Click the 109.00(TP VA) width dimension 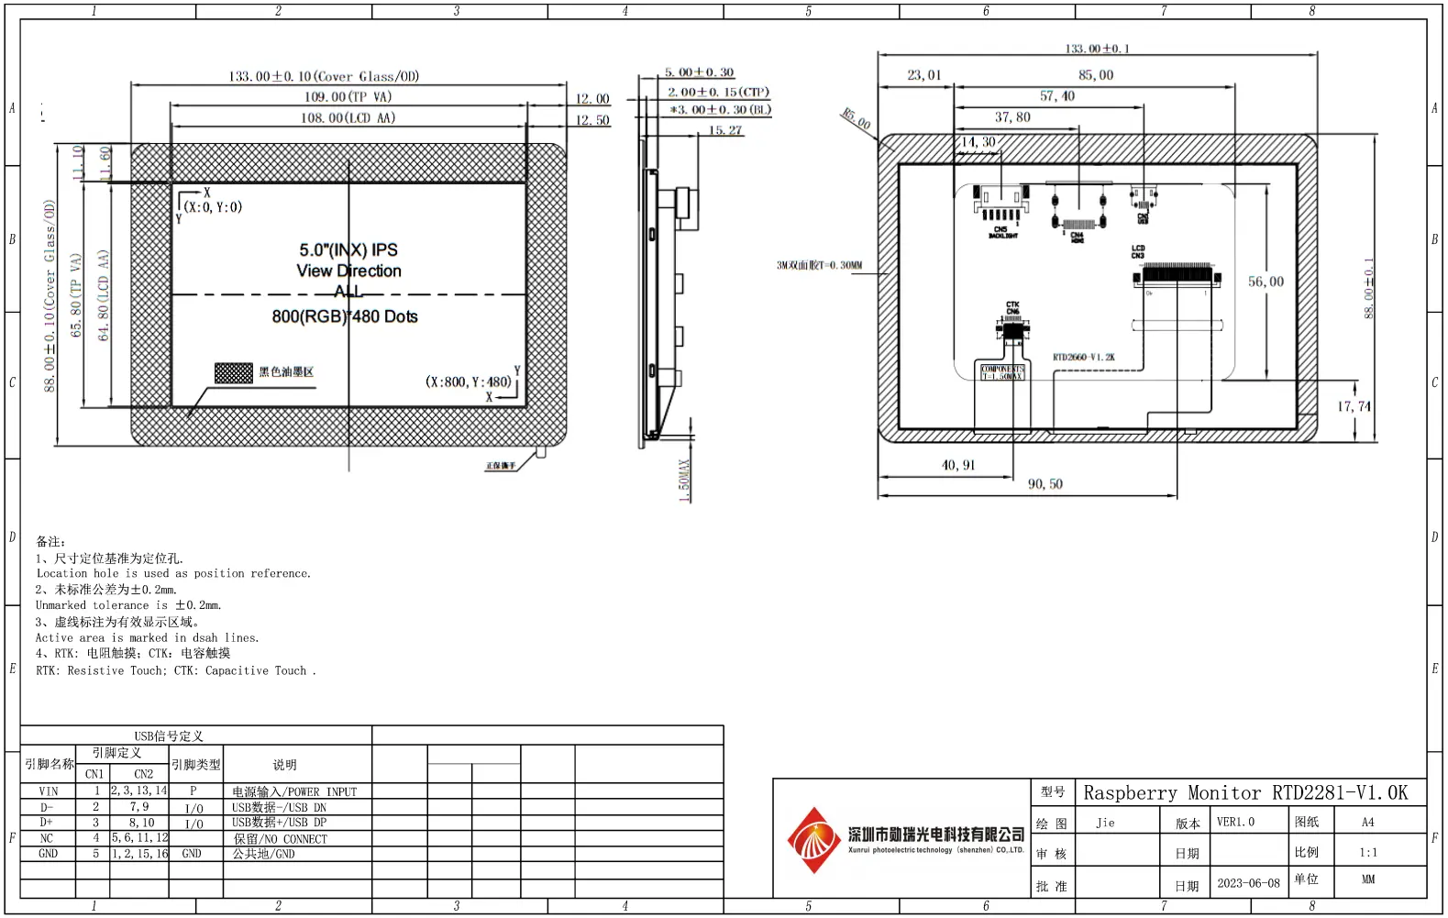tap(348, 97)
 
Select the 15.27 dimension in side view tap(724, 130)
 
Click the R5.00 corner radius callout tap(857, 118)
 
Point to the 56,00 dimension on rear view tap(1266, 282)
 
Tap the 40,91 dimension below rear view tap(958, 465)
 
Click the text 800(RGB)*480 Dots tap(345, 316)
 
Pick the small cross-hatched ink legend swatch tap(233, 372)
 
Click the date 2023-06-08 tap(1248, 883)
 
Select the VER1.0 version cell tap(1235, 822)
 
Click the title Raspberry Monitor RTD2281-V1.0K tap(1244, 792)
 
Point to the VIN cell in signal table tap(49, 791)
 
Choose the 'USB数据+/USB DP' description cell tap(279, 823)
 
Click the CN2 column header tap(144, 774)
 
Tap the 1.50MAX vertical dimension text tap(683, 481)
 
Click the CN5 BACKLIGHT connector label tap(1001, 232)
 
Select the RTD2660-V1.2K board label tap(1083, 357)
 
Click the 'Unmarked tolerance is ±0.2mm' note tap(128, 605)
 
